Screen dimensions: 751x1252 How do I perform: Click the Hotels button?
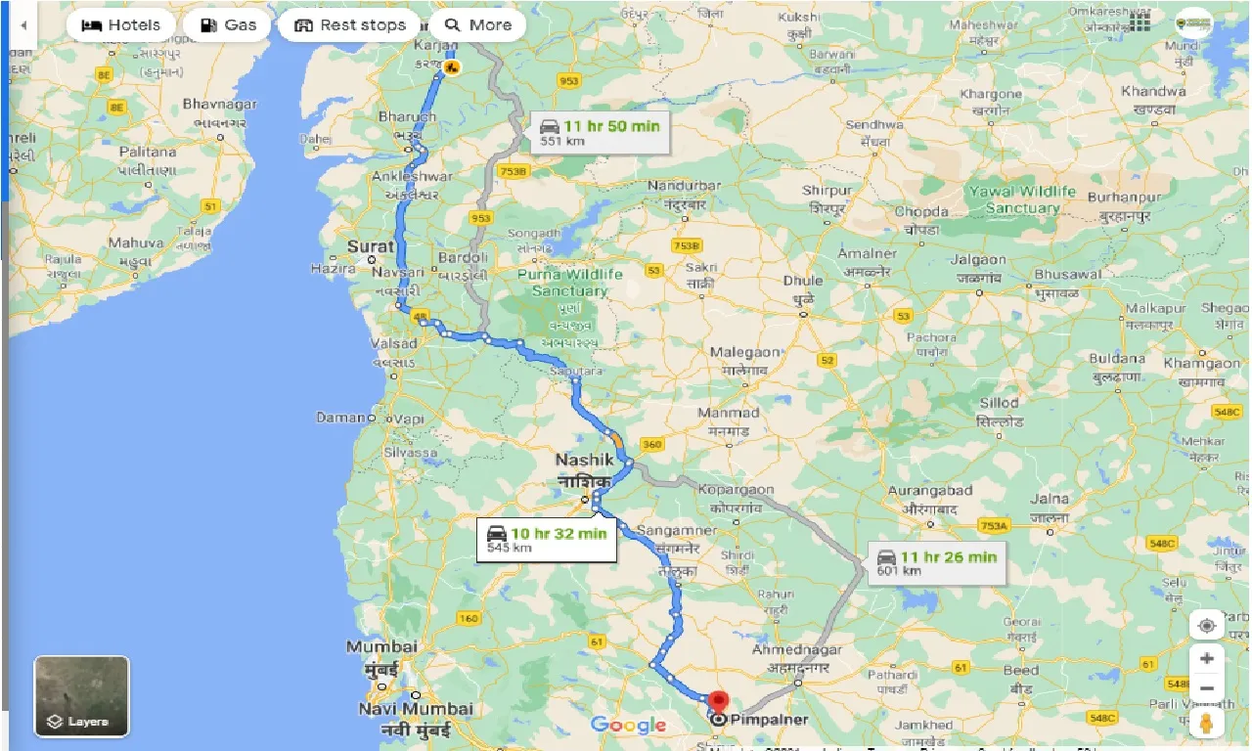pos(120,25)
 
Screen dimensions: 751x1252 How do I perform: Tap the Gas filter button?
pos(229,25)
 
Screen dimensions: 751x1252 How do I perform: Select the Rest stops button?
pos(349,25)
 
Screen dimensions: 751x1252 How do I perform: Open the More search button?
pos(477,25)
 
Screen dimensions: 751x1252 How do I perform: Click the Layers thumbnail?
pos(81,696)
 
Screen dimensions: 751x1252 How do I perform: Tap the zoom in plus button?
pos(1206,658)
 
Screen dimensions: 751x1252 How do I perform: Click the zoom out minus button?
pos(1206,688)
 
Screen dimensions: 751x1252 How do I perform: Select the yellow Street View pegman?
pos(1206,724)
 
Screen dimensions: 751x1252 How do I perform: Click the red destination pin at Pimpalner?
pos(719,702)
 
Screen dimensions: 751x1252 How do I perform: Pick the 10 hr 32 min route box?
pos(548,539)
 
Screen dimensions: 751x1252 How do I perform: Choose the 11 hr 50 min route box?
pos(601,132)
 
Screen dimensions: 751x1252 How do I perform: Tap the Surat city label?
pos(372,246)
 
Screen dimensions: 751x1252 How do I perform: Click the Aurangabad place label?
pos(929,491)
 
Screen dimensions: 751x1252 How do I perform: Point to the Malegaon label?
pos(744,352)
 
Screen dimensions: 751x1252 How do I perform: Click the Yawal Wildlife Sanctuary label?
pos(1021,199)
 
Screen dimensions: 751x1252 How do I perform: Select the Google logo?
pos(628,725)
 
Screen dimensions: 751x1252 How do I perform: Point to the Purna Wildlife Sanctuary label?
pos(569,283)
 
